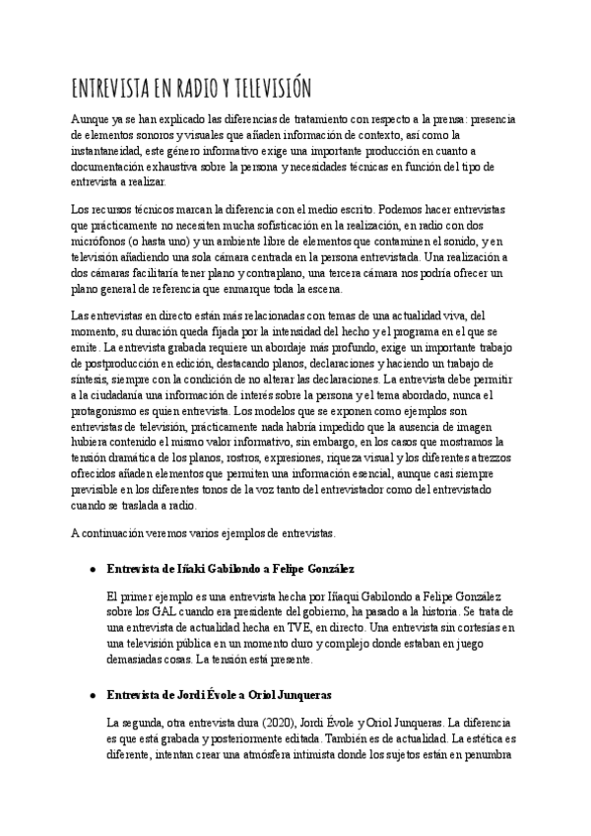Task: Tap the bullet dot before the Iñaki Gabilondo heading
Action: [x=92, y=571]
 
